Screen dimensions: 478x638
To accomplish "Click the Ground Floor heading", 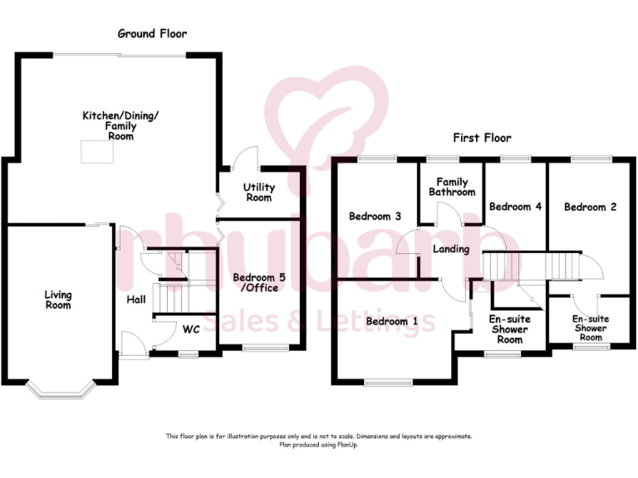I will (152, 34).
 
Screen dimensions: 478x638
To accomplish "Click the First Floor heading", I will (482, 138).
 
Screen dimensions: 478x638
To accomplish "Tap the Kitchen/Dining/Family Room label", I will (108, 125).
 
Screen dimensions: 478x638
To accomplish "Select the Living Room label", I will (58, 300).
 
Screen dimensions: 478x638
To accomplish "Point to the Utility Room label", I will (258, 193).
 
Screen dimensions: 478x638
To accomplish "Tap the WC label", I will (191, 329).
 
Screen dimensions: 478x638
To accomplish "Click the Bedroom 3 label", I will (375, 217).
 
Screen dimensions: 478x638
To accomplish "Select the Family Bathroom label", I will (452, 187).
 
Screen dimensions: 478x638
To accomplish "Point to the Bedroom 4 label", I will (515, 207).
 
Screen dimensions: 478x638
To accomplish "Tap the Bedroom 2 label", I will (590, 207).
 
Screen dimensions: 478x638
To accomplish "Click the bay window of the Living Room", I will (58, 387).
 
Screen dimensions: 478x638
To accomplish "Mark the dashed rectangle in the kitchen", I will (96, 152).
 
